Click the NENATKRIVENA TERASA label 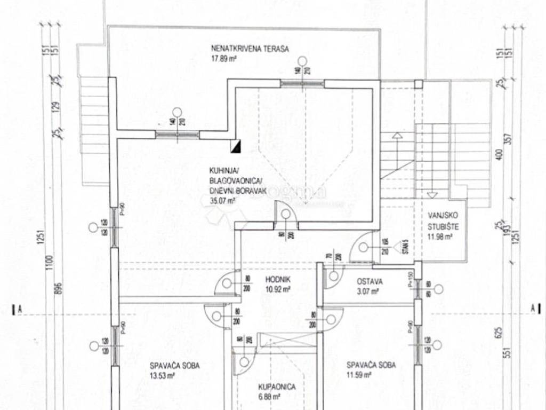click(250, 49)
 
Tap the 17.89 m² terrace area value click(224, 59)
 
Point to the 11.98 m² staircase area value click(440, 237)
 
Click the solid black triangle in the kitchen click(237, 145)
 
